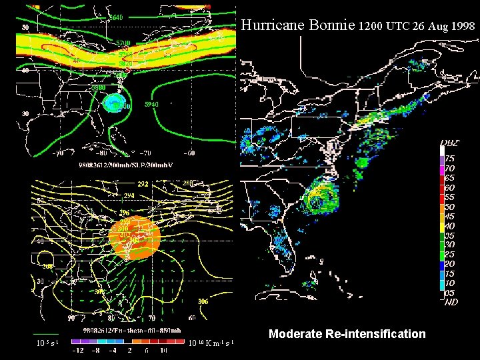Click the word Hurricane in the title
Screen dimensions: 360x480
coord(270,26)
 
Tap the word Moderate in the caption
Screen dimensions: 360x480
coord(295,333)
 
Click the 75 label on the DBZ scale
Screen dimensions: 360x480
coord(451,159)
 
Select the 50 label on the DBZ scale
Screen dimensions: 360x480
coord(451,207)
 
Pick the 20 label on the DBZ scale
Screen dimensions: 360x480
coord(451,263)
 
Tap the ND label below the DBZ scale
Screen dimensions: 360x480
coord(451,301)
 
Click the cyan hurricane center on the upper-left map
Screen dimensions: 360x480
coord(115,103)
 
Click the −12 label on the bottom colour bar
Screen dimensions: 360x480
coord(78,351)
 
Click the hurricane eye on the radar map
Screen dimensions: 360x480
coord(321,198)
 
